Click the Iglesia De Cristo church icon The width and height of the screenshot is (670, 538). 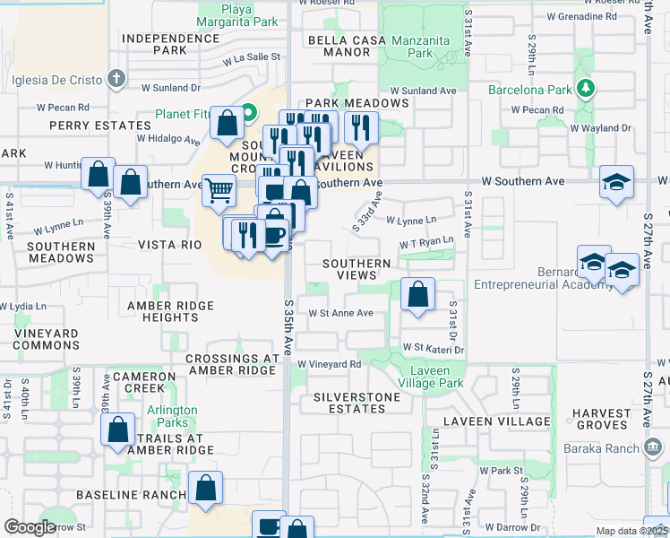116,79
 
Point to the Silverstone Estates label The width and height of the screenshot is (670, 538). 350,402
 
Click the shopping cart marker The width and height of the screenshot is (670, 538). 219,190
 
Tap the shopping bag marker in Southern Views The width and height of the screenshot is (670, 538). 417,293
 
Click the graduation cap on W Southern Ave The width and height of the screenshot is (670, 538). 616,182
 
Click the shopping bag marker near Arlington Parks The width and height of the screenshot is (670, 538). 118,430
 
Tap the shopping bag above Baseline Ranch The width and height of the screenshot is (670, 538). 205,489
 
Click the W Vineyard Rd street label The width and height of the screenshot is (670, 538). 330,364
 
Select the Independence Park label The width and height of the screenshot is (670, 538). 170,44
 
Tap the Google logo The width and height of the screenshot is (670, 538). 30,528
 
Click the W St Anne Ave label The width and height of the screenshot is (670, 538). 340,313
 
